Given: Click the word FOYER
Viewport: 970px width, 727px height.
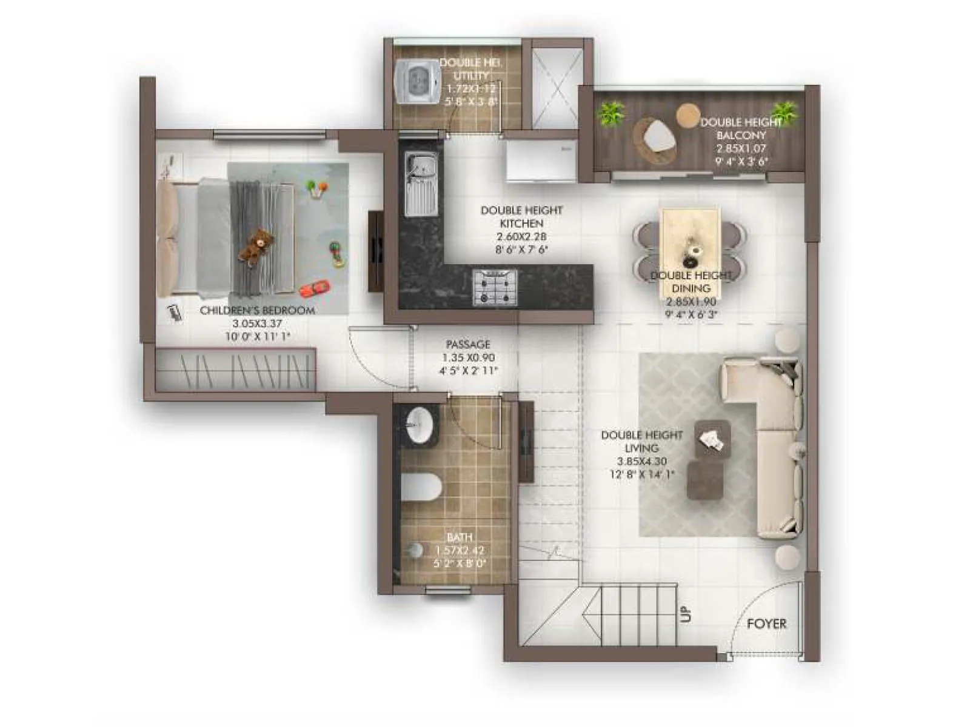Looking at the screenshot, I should pos(766,623).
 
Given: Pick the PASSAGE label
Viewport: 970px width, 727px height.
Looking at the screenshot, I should pos(468,344).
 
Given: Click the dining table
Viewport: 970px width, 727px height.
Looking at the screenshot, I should pos(691,241).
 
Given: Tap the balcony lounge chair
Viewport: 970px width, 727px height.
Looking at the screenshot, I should pos(656,138).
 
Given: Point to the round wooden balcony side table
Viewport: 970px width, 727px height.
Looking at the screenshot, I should pos(688,115).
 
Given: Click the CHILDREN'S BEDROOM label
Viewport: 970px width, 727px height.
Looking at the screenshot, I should pos(258,310).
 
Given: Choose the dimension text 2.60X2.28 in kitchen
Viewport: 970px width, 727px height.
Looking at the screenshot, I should pos(521,237).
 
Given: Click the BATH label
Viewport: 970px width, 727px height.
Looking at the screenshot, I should pos(459,537).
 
